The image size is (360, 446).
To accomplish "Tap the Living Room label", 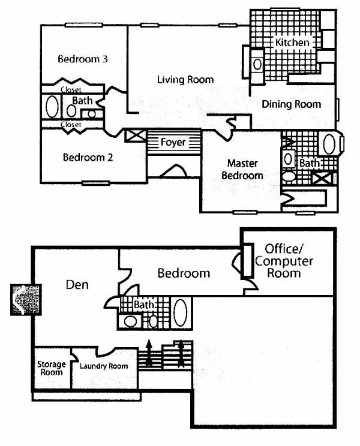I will tap(185, 79).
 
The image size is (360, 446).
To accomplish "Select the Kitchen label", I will tap(292, 43).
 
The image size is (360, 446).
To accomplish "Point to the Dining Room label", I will tap(292, 104).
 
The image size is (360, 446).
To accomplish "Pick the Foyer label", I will tap(173, 143).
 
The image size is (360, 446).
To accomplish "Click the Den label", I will tap(76, 284).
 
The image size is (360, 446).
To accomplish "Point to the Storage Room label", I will tap(51, 367).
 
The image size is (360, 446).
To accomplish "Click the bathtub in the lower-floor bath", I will tap(180, 312).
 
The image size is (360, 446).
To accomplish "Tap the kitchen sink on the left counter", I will tap(257, 63).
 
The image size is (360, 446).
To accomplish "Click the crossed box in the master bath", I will tap(323, 178).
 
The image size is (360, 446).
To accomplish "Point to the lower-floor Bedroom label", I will tap(184, 273).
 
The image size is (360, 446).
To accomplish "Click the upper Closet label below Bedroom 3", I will tap(71, 90).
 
